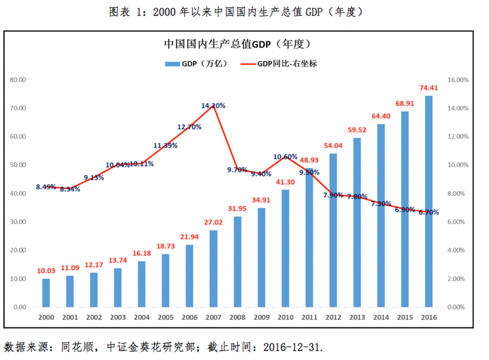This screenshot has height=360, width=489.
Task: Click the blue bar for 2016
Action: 428,202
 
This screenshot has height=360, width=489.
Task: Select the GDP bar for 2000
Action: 46,293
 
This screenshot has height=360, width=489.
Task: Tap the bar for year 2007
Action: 213,268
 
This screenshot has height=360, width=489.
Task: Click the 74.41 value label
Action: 428,88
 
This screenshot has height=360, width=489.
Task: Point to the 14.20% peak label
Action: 213,106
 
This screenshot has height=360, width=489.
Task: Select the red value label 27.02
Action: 213,222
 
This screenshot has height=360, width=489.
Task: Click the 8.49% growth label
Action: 47,186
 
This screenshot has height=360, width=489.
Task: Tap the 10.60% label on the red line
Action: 286,156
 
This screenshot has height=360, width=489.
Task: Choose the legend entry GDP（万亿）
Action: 196,63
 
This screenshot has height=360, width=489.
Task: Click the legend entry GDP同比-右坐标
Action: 279,63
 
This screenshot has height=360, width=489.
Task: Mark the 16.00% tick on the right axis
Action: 457,80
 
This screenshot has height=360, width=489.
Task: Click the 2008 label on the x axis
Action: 237,318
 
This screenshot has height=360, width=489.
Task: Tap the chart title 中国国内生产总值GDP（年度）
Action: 237,43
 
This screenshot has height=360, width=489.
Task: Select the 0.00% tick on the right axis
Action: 457,307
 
